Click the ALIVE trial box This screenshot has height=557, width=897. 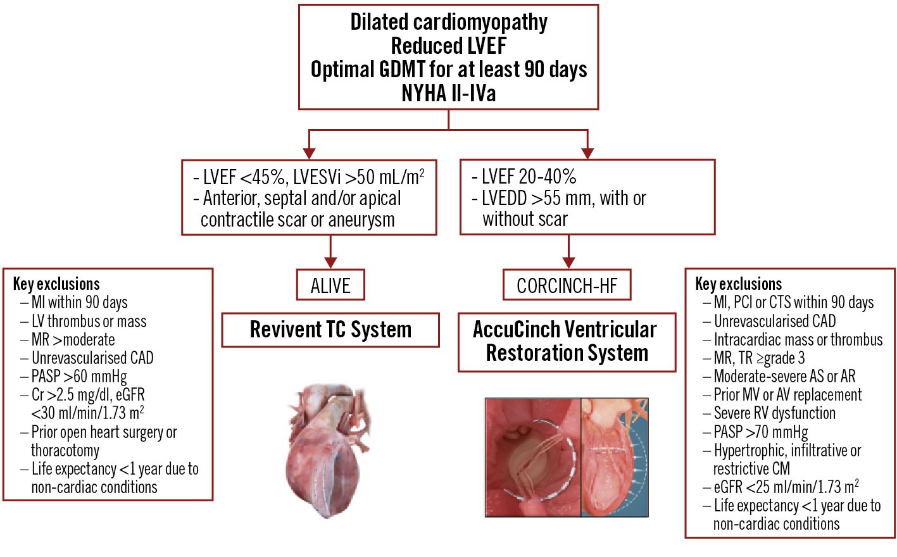[x=330, y=285]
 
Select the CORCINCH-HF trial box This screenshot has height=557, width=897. [x=567, y=285]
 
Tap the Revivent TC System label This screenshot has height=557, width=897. [x=330, y=330]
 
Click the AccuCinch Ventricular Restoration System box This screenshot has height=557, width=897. [x=567, y=341]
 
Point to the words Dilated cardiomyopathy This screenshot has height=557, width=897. [x=448, y=22]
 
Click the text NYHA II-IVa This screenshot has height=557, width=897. [x=448, y=94]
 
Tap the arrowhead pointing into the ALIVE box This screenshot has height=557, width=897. [x=330, y=262]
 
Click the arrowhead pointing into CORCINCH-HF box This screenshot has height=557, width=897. [x=568, y=262]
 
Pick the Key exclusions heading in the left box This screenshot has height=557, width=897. [x=56, y=284]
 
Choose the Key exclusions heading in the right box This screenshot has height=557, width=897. [x=738, y=284]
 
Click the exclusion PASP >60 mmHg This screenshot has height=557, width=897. [x=79, y=377]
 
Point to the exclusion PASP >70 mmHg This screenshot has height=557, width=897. [x=761, y=432]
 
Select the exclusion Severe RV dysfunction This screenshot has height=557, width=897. [x=774, y=413]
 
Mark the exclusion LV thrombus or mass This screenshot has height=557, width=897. [x=89, y=322]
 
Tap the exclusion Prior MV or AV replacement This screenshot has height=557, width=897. [x=787, y=395]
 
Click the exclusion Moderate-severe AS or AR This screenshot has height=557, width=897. [x=784, y=377]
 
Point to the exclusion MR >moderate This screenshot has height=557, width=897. [x=73, y=340]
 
